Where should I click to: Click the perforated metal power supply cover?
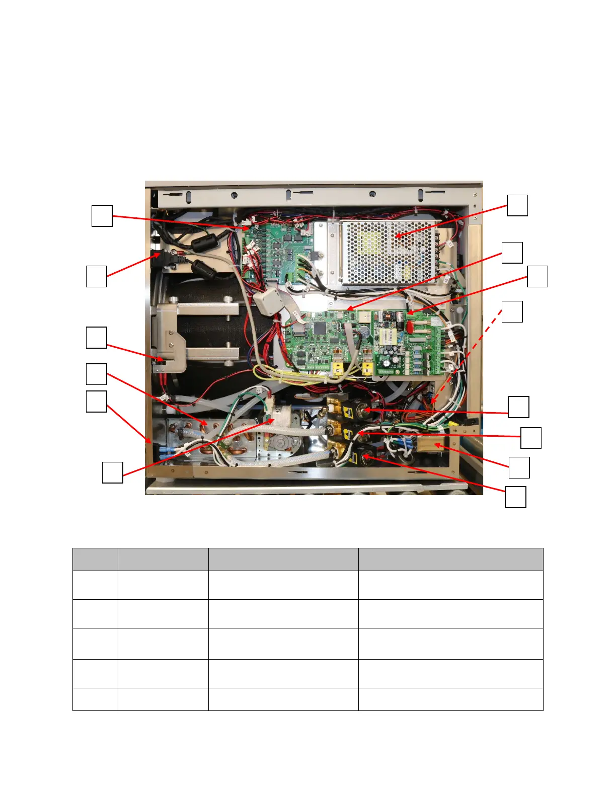[388, 252]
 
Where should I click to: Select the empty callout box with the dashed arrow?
[512, 311]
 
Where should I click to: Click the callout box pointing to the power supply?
[517, 205]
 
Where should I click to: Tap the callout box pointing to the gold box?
[519, 467]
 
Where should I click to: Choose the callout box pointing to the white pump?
[112, 472]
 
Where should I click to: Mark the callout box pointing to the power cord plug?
[96, 276]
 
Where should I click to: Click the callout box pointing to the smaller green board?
[102, 215]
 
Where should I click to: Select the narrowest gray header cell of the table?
[95, 559]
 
